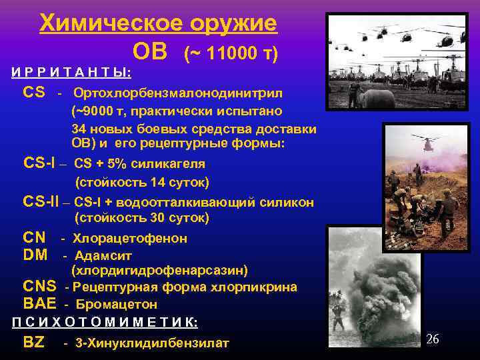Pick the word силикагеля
click(170, 163)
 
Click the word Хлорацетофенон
click(130, 238)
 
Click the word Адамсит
click(103, 255)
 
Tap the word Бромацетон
click(117, 304)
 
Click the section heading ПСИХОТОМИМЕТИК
click(105, 322)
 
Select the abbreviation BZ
click(33, 343)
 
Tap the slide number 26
click(432, 339)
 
